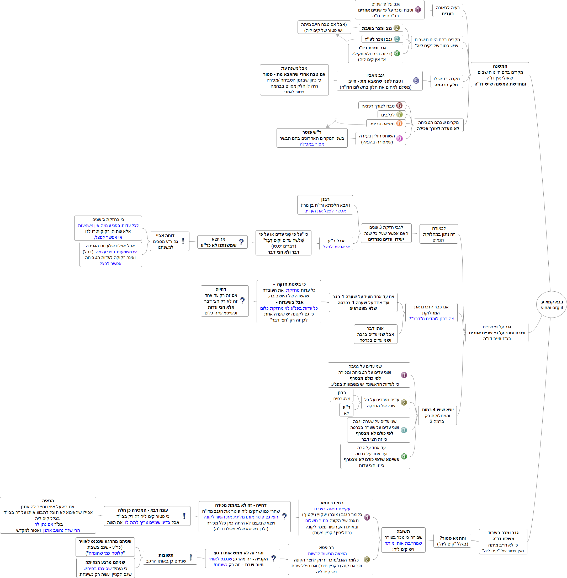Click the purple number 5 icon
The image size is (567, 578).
pyautogui.click(x=416, y=80)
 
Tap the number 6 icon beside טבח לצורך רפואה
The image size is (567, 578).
pyautogui.click(x=399, y=105)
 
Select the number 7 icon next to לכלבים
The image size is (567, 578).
pyautogui.click(x=399, y=114)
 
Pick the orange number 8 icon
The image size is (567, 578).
pyautogui.click(x=399, y=123)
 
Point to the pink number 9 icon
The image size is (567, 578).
pyautogui.click(x=399, y=138)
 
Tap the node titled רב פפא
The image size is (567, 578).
pyautogui.click(x=330, y=559)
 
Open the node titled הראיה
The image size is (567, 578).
pyautogui.click(x=48, y=515)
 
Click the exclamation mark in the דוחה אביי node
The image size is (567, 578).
pyautogui.click(x=183, y=241)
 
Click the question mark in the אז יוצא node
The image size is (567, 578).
pyautogui.click(x=241, y=242)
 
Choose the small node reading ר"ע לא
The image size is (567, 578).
pyautogui.click(x=346, y=410)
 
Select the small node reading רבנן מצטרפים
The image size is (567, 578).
pyautogui.click(x=342, y=395)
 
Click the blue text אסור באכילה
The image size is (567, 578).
pyautogui.click(x=311, y=144)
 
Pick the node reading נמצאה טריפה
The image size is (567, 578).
pyautogui.click(x=382, y=124)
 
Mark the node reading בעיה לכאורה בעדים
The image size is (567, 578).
pyautogui.click(x=447, y=10)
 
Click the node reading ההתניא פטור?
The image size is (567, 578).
pyautogui.click(x=452, y=541)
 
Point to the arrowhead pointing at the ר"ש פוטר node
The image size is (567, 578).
pyautogui.click(x=327, y=126)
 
